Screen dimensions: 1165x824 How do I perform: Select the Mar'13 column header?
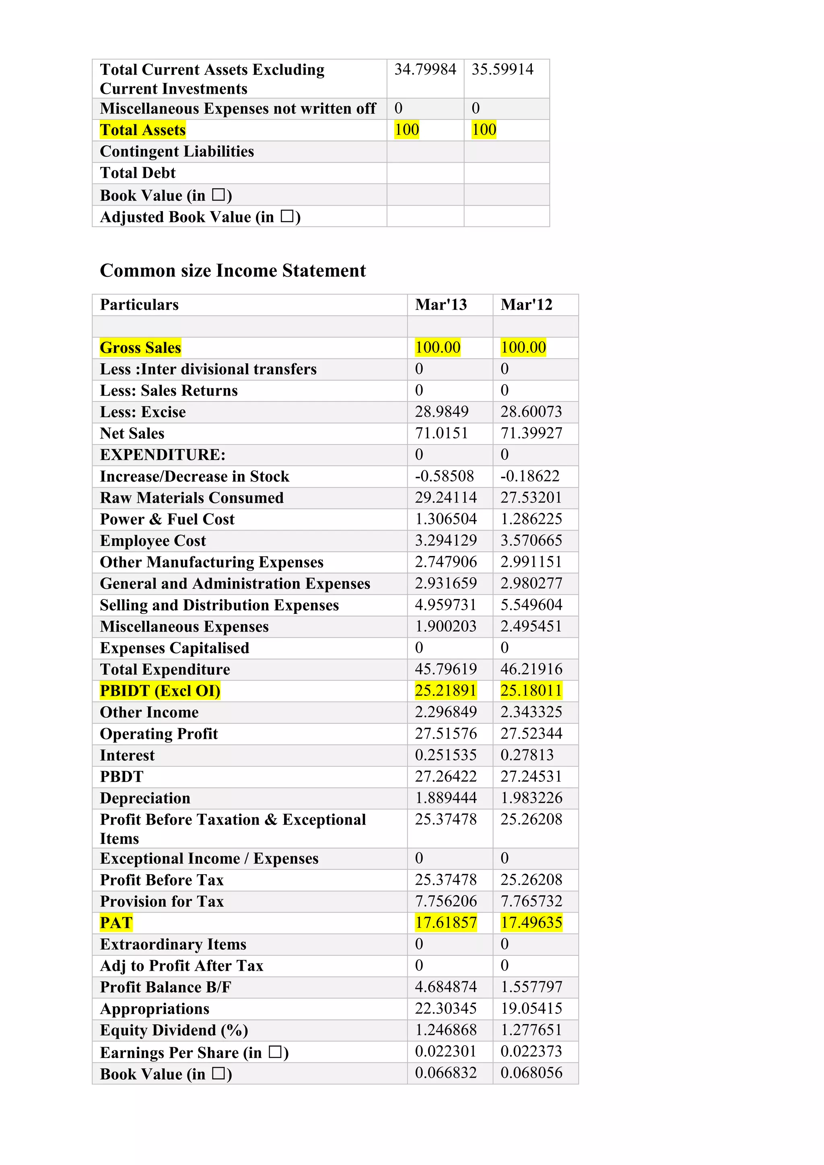pyautogui.click(x=441, y=305)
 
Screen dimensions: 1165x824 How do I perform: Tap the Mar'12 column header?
pyautogui.click(x=526, y=305)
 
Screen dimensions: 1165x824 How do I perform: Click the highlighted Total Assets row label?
pyautogui.click(x=142, y=130)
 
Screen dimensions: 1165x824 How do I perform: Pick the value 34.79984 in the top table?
pyautogui.click(x=425, y=70)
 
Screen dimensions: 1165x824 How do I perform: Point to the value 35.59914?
pyautogui.click(x=502, y=70)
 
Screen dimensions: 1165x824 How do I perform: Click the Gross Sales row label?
pyautogui.click(x=140, y=348)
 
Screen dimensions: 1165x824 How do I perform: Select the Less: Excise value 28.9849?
pyautogui.click(x=441, y=412)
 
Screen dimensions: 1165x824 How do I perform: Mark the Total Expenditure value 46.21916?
pyautogui.click(x=531, y=669)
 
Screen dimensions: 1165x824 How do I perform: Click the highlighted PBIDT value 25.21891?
pyautogui.click(x=445, y=691)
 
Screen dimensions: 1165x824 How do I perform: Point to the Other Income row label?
pyautogui.click(x=149, y=712)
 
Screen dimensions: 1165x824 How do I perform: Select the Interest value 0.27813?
pyautogui.click(x=527, y=755)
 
